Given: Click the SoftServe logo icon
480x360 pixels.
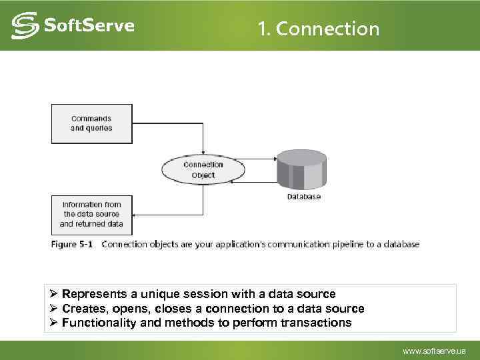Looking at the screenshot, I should point(25,26).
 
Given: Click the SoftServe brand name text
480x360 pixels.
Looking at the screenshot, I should point(89,26).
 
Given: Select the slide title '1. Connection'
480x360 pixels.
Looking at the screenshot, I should point(318,29).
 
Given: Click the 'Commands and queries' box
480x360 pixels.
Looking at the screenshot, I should point(91,123).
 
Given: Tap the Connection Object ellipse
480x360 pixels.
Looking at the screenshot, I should point(203,170).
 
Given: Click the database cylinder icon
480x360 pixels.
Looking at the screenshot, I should point(302,169).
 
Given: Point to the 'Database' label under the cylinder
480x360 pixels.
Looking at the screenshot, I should point(304,197).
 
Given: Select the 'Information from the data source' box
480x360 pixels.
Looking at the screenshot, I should point(91,214).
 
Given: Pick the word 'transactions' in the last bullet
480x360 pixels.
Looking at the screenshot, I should point(317,323).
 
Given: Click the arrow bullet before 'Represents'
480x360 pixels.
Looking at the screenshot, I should point(55,294).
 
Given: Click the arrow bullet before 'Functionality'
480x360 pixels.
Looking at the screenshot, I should point(55,323).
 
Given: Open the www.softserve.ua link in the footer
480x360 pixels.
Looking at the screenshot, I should point(435,351).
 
